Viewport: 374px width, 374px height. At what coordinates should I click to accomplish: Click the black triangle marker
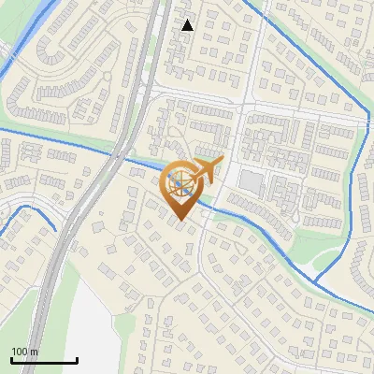[188, 25]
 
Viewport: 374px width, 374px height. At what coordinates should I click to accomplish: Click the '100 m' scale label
[24, 352]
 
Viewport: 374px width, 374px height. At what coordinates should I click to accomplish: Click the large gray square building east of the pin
[251, 180]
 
